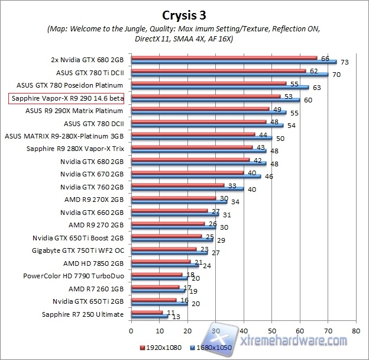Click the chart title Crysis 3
(x=184, y=13)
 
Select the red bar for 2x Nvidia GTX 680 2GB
(x=224, y=57)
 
